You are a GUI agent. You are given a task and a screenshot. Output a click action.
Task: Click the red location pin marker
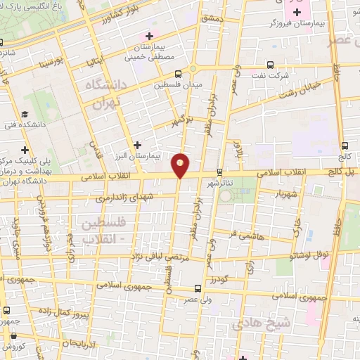[x=181, y=166]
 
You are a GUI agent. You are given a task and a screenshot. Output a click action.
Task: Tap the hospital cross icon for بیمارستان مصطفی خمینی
[x=148, y=36]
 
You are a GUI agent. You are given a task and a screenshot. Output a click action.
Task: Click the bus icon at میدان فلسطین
[x=177, y=72]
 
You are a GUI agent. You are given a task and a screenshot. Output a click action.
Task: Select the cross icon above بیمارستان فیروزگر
[x=298, y=12]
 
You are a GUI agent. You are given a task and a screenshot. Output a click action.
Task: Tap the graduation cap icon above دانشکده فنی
[x=25, y=114]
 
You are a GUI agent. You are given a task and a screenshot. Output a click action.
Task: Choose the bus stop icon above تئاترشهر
[x=220, y=172]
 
